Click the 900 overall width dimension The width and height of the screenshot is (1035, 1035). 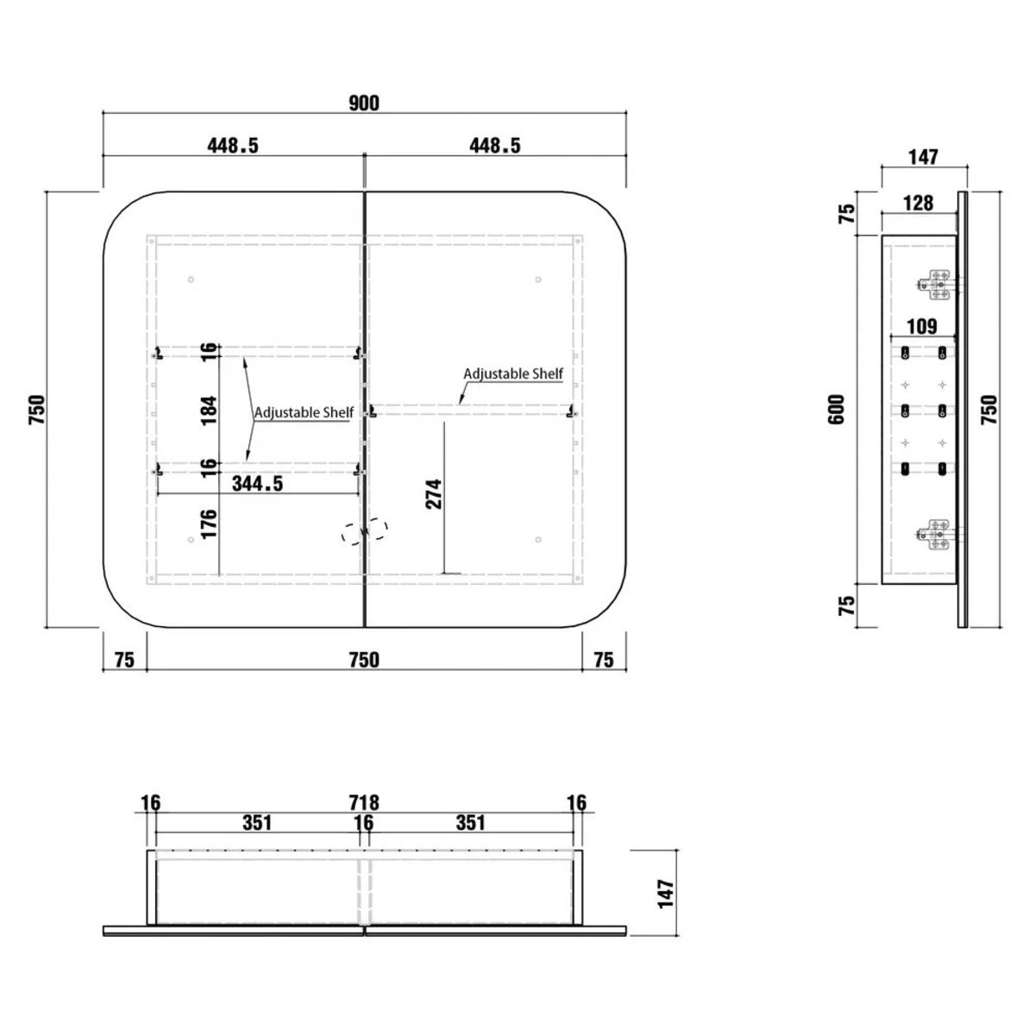pos(364,103)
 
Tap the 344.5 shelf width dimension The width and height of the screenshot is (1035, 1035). pos(257,483)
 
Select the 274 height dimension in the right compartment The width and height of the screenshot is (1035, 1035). pos(433,493)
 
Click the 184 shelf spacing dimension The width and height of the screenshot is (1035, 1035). pos(209,410)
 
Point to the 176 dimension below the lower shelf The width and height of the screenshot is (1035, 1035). pos(209,524)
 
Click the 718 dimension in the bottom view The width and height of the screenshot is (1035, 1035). pos(364,803)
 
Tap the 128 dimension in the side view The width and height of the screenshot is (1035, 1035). pos(918,203)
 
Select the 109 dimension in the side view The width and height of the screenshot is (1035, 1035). pos(922,326)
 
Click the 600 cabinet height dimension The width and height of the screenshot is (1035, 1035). pos(837,410)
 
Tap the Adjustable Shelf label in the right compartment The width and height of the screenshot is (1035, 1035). pos(513,373)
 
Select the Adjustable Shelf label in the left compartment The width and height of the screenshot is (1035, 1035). pos(304,412)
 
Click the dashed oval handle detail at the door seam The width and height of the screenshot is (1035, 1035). pos(365,531)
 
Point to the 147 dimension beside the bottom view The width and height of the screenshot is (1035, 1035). pos(666,894)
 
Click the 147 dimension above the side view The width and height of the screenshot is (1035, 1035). pos(923,157)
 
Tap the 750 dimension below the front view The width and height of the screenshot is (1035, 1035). pos(364,660)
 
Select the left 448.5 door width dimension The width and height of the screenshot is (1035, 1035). pos(233,145)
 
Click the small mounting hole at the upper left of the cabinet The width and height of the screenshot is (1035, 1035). pos(191,279)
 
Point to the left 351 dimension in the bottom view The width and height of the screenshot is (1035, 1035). pos(257,823)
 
